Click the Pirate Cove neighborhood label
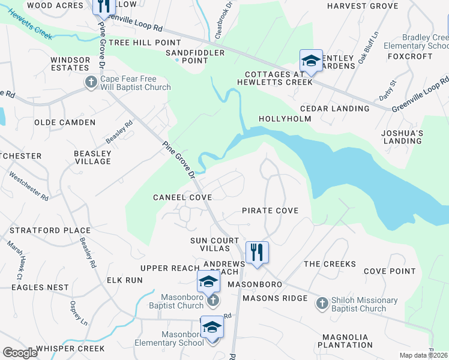(x=270, y=211)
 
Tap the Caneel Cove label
(x=182, y=197)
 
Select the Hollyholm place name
(x=285, y=119)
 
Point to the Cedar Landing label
(x=334, y=109)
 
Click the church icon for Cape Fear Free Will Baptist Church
(x=91, y=82)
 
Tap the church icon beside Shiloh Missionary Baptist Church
(x=322, y=304)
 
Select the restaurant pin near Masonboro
(x=257, y=252)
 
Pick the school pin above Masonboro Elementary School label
(x=212, y=327)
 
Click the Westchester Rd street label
(x=28, y=185)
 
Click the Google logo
(x=20, y=353)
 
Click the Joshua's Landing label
(x=403, y=137)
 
